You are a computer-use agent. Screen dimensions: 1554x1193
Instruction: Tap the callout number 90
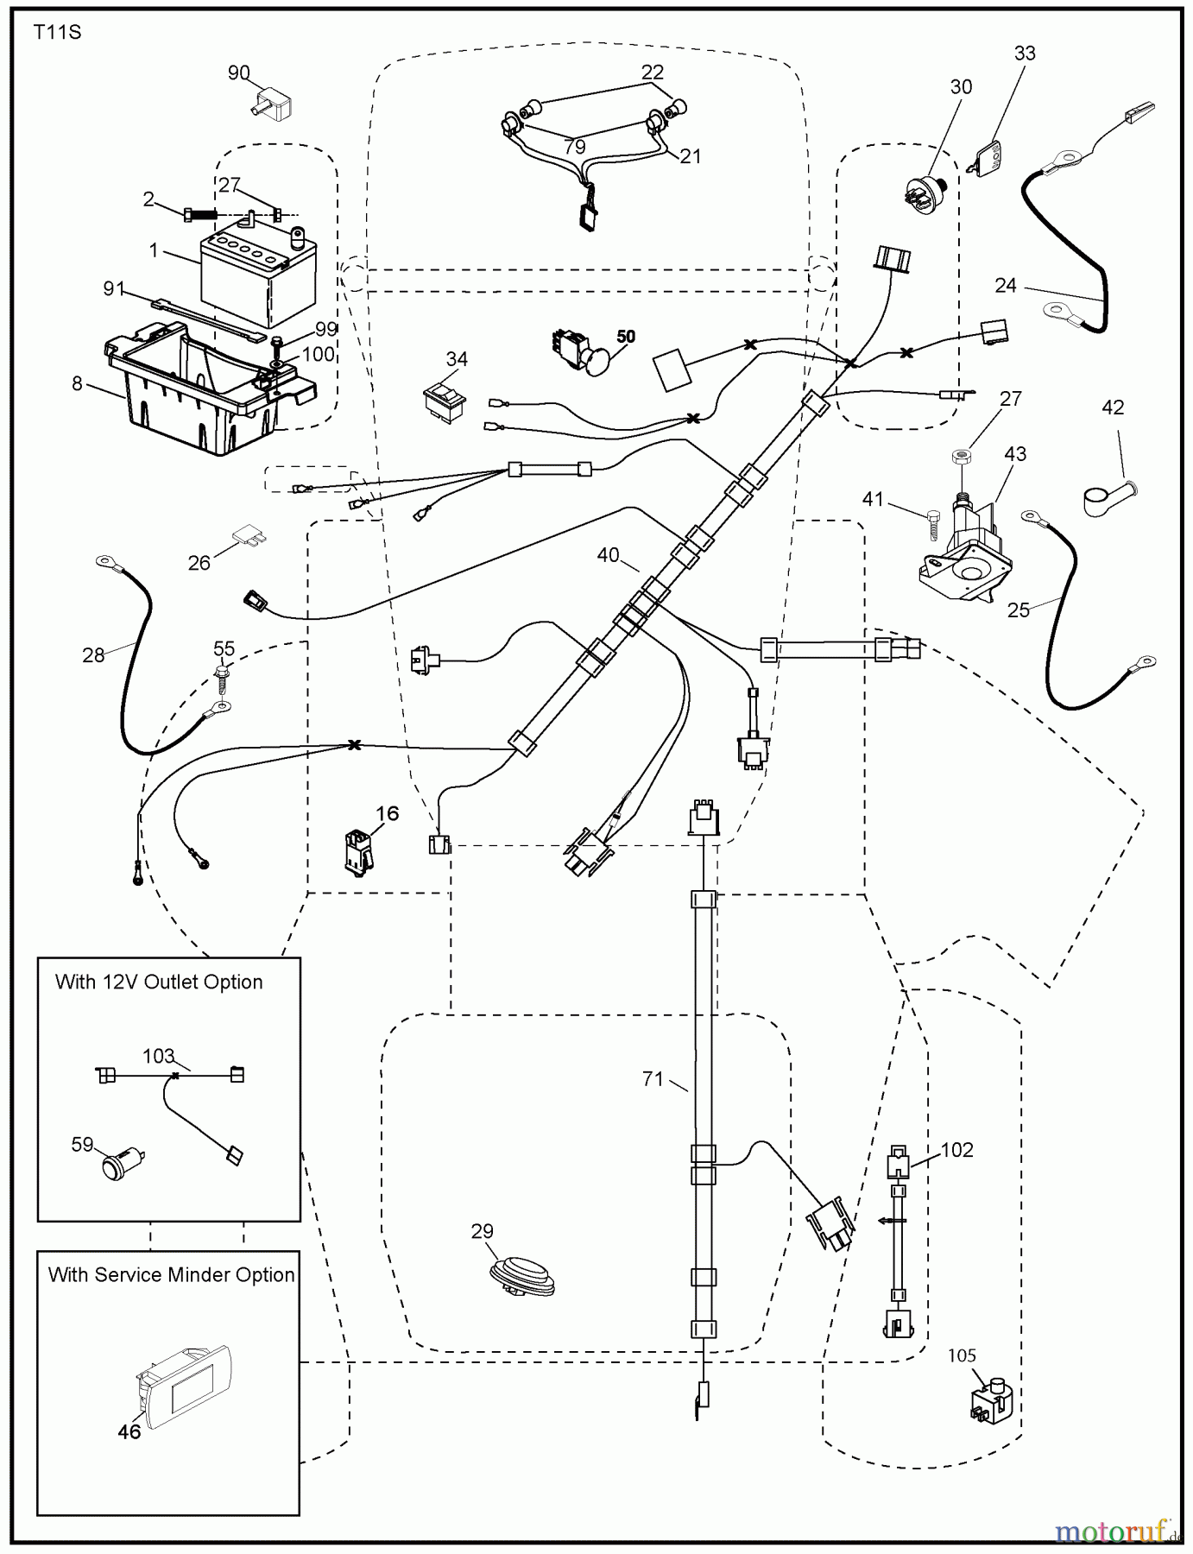tap(239, 73)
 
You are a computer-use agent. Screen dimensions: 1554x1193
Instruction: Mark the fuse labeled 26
tap(250, 537)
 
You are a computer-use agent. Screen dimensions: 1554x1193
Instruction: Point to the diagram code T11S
tap(58, 34)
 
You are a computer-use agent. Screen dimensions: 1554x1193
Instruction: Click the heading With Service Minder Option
tap(171, 1275)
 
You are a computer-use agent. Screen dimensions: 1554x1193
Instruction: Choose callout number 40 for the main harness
tap(608, 555)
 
